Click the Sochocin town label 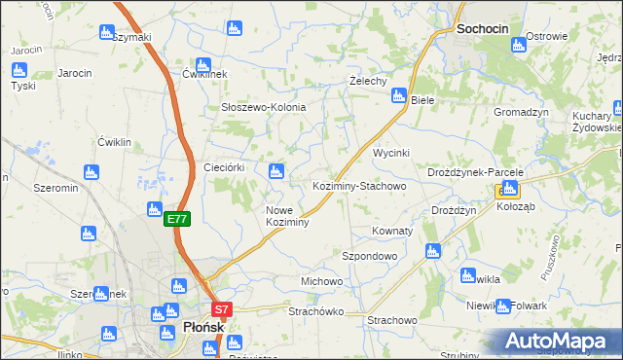tap(482, 29)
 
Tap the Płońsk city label tap(203, 328)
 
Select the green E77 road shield tap(176, 220)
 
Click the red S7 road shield tap(222, 310)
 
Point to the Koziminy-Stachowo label tap(358, 185)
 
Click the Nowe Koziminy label tap(287, 216)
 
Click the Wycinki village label tap(392, 154)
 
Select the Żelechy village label tap(369, 81)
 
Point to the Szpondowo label tap(369, 256)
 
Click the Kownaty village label tap(392, 232)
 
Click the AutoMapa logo tap(558, 342)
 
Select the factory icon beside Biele tap(398, 95)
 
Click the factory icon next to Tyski tap(18, 69)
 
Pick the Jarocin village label tap(74, 73)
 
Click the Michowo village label tap(321, 281)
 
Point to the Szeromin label tap(55, 188)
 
